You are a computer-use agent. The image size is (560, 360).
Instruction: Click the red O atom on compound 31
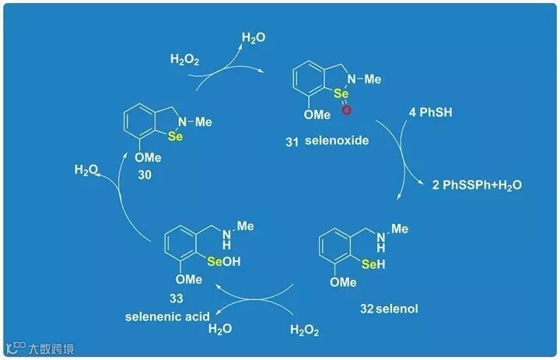[346, 111]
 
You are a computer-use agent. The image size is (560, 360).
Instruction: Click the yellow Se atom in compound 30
[175, 135]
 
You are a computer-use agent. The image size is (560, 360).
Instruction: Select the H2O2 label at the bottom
[305, 330]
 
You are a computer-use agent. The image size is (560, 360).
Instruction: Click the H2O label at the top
[254, 37]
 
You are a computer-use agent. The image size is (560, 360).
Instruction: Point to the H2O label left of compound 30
[87, 169]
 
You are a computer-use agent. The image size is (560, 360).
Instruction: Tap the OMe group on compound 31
[317, 114]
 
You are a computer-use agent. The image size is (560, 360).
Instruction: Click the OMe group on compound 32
[343, 282]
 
